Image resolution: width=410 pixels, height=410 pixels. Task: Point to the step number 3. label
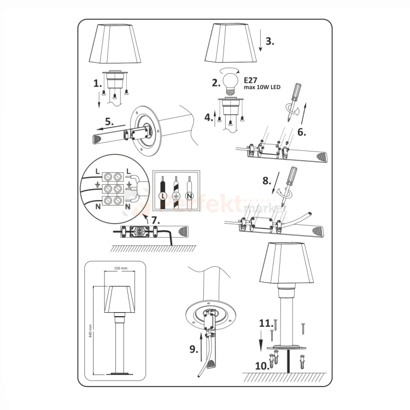(270, 41)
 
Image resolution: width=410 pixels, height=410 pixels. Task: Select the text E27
(250, 79)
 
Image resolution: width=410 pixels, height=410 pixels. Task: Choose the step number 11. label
(265, 324)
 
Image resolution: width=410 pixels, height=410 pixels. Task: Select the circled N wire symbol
(189, 195)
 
